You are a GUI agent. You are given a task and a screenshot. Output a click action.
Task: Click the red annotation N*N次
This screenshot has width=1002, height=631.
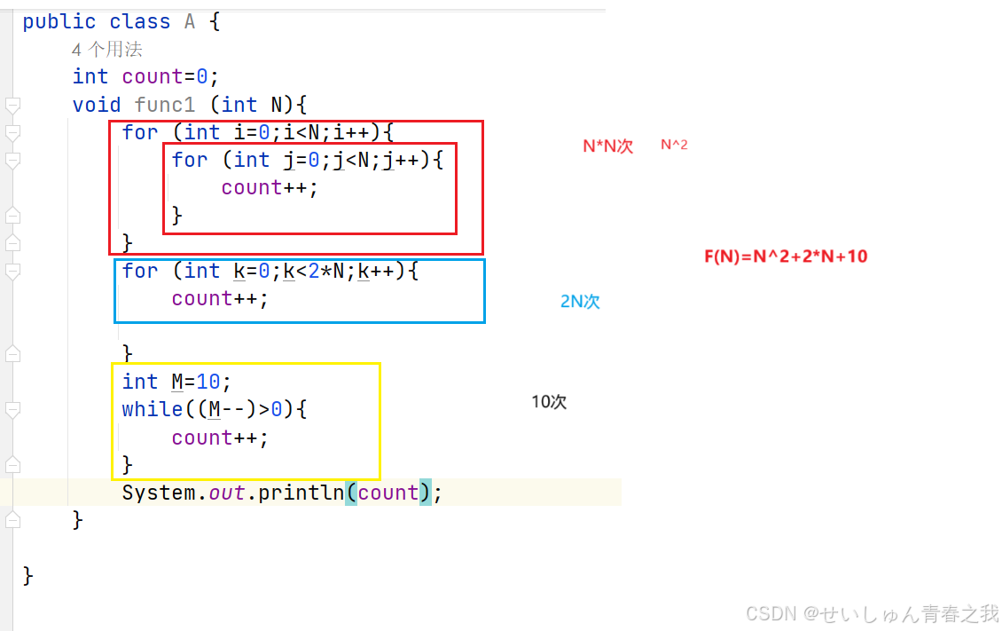tap(607, 146)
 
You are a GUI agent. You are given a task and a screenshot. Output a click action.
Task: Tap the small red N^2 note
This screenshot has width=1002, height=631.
tap(674, 145)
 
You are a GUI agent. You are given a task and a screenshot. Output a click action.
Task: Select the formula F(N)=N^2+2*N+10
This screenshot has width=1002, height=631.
tap(786, 256)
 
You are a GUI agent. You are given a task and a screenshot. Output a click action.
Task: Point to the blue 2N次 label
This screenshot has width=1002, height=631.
tap(580, 302)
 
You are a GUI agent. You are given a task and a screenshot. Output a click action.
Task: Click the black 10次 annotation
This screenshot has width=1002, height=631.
tap(549, 401)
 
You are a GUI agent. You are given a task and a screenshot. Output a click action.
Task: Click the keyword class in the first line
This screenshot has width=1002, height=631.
tap(140, 21)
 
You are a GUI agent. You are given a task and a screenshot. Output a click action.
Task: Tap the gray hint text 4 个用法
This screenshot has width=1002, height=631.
tap(107, 50)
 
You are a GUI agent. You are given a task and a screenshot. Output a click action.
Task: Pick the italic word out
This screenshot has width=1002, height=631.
tap(227, 492)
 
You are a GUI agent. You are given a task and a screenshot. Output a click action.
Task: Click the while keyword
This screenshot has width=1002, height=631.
tap(153, 409)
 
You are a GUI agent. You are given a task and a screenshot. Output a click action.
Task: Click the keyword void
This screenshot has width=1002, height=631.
tap(97, 105)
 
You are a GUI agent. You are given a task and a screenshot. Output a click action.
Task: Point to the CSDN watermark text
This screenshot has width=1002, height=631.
tap(872, 613)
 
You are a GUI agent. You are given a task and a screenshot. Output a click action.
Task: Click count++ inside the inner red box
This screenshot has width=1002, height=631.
tap(270, 187)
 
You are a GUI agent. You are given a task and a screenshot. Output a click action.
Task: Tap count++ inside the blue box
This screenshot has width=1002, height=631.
tap(220, 298)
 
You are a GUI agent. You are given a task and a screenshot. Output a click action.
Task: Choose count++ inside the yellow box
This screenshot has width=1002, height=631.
tap(220, 438)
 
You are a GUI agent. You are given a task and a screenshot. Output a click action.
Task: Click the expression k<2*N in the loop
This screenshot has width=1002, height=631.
tap(320, 271)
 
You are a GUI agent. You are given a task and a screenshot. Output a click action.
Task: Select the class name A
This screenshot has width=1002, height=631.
tap(189, 21)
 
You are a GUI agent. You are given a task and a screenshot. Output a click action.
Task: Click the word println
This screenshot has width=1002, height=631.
tap(301, 492)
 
